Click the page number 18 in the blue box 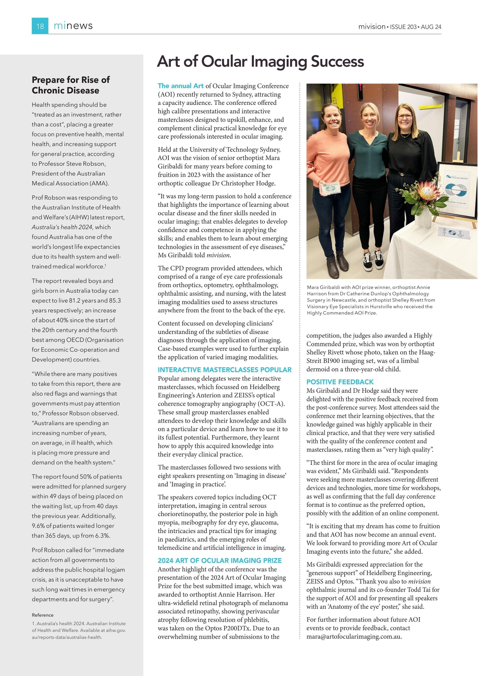pos(40,26)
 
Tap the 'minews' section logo pos(73,26)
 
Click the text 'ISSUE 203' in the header pos(403,27)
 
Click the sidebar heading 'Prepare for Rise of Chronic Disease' pos(71,85)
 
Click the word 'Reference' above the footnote pos(43,615)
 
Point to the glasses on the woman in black pos(405,116)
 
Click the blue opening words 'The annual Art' pos(180,86)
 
